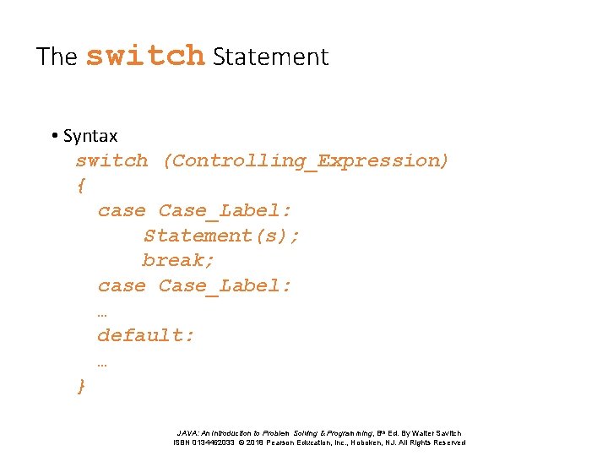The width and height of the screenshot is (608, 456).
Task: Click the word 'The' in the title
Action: [x=57, y=57]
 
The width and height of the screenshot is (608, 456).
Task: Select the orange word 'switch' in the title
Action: [x=145, y=56]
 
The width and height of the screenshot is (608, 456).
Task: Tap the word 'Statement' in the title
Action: [x=270, y=57]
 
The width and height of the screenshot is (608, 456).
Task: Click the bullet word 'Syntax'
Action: [x=90, y=135]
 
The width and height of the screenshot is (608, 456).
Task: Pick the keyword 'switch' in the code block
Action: [x=111, y=160]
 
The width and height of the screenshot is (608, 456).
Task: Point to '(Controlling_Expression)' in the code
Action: [x=306, y=160]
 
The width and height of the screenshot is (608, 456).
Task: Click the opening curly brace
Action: [x=81, y=185]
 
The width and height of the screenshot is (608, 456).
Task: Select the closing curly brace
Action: [x=81, y=385]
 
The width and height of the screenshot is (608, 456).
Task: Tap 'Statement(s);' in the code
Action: [x=221, y=235]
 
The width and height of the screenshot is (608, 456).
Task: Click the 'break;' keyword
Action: [x=178, y=260]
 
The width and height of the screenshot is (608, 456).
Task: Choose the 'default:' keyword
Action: [x=146, y=335]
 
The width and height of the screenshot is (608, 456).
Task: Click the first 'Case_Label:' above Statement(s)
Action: [x=225, y=210]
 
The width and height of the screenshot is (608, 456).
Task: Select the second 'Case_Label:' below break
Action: [x=225, y=285]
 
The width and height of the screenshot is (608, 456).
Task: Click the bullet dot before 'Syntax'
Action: [x=53, y=136]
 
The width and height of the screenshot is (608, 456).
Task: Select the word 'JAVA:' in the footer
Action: [x=190, y=433]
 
